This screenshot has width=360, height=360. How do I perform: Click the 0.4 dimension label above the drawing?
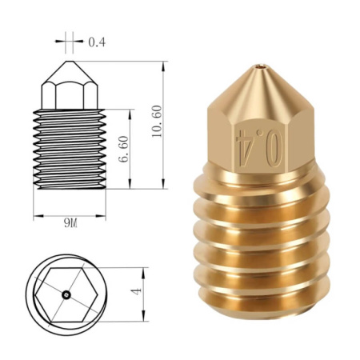pyautogui.click(x=97, y=42)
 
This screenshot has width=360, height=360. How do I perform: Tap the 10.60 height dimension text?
pyautogui.click(x=157, y=122)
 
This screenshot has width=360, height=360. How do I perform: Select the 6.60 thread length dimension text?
pyautogui.click(x=123, y=150)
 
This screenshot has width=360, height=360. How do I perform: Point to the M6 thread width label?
pyautogui.click(x=70, y=222)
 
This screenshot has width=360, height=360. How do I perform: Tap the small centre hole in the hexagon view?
pyautogui.click(x=66, y=294)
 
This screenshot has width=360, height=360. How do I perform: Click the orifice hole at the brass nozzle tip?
pyautogui.click(x=260, y=66)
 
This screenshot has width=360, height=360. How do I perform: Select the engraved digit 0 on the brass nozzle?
pyautogui.click(x=274, y=148)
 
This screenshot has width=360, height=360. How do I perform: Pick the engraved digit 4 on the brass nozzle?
pyautogui.click(x=245, y=147)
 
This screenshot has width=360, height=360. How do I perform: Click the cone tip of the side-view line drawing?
pyautogui.click(x=70, y=62)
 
